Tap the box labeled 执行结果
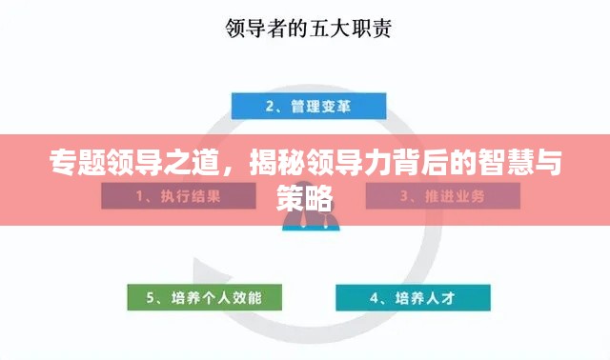click(178, 196)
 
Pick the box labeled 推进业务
click(442, 196)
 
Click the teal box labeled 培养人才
click(413, 297)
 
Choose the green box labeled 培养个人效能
click(205, 297)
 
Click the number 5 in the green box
click(151, 298)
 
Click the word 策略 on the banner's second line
click(304, 197)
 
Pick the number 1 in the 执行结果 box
click(140, 197)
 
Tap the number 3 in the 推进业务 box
click(404, 197)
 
